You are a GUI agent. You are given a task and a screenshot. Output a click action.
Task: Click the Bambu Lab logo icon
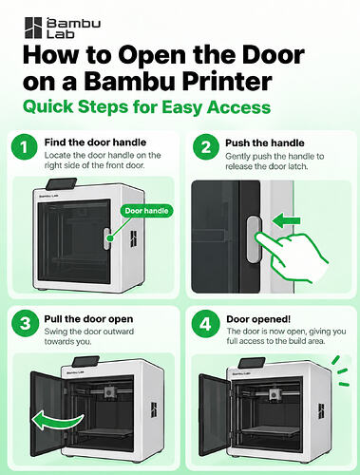[33, 28]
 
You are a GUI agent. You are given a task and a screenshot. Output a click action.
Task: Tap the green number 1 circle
[24, 147]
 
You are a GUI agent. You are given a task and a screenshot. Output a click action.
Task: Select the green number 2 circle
[206, 147]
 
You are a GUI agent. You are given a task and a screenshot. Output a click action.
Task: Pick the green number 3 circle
[25, 324]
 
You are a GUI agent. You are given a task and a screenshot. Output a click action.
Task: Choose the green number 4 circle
[205, 324]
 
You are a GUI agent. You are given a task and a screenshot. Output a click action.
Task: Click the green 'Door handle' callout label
[146, 211]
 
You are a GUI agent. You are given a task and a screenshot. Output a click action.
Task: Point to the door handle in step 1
[106, 238]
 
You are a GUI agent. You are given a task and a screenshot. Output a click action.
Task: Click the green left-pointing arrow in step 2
[286, 220]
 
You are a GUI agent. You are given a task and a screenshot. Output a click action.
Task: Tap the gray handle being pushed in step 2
[254, 239]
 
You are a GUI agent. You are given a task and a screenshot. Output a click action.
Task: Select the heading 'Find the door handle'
[95, 142]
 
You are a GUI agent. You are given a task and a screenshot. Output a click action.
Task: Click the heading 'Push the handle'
[265, 143]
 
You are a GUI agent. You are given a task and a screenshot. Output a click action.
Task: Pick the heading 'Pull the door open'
[88, 319]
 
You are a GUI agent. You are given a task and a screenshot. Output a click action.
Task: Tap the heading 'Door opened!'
[258, 319]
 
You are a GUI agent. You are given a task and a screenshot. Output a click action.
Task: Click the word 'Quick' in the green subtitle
[48, 106]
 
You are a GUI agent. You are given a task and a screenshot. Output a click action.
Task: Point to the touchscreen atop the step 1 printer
[61, 183]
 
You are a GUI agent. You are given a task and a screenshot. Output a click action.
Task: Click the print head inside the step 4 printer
[275, 394]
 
